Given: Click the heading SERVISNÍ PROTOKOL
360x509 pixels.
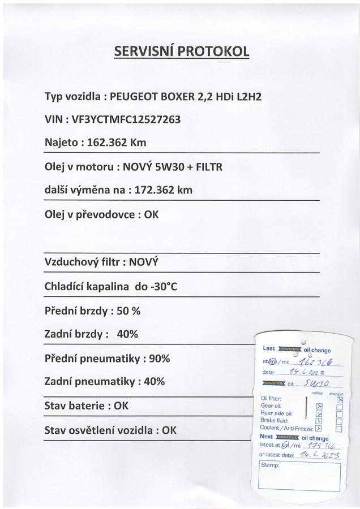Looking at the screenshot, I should pos(182,51).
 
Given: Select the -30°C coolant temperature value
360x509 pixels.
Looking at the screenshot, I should pos(163,287).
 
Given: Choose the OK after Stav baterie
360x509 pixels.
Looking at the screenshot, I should pos(121,406).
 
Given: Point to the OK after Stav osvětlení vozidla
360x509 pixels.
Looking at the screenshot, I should pos(169,430).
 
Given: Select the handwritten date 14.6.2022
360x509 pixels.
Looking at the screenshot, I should pos(307,373).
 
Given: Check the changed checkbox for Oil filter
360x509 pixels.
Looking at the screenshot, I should pos(340,399).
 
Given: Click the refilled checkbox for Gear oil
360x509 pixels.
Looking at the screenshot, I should pos(319,407).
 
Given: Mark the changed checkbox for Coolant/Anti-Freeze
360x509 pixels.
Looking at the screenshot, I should pos(339,429).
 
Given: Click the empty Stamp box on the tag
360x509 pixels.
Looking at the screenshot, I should pos(299,475).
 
